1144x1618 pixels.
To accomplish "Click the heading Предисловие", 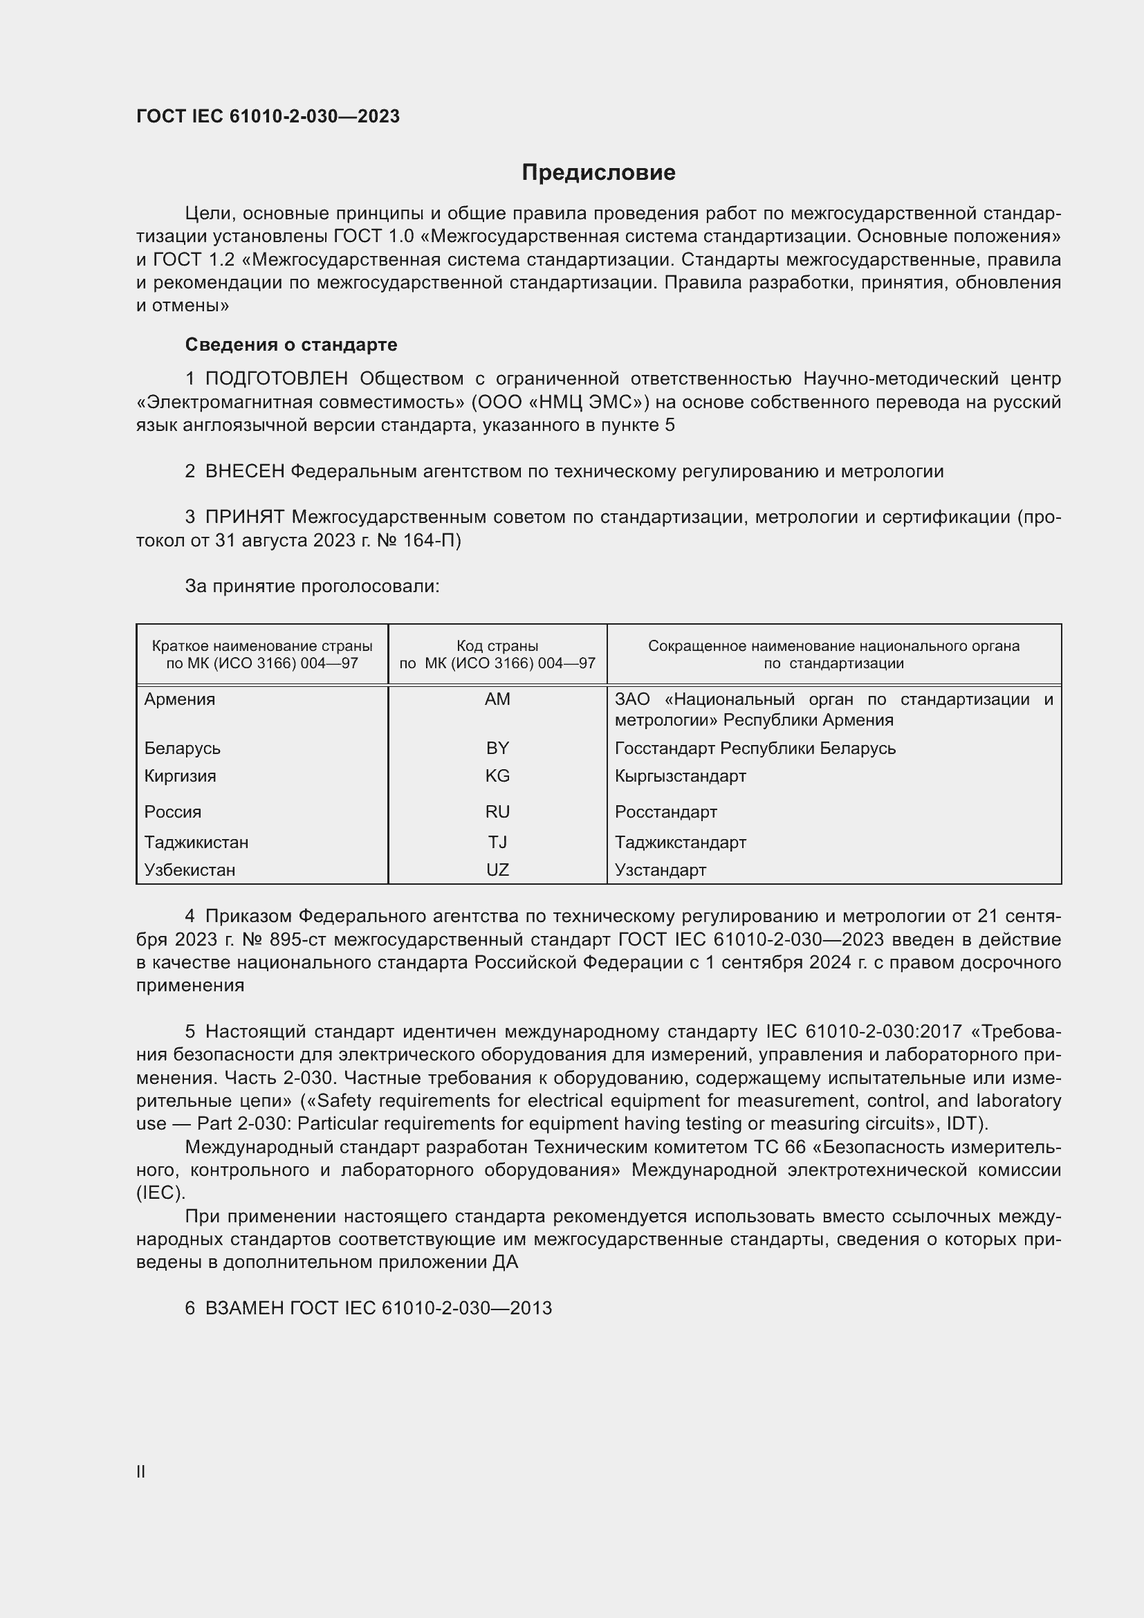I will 598,173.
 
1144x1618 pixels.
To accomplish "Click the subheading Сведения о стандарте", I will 291,344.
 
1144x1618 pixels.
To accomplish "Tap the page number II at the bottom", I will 141,1471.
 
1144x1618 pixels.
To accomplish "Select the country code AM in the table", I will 497,699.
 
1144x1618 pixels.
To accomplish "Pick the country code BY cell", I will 497,748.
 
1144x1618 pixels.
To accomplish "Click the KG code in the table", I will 497,776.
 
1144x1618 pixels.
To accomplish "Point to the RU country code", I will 497,812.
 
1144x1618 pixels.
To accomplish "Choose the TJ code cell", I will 497,842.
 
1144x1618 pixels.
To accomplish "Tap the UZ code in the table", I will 497,870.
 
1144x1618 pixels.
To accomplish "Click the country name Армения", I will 180,699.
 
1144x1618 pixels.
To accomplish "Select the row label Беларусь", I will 183,748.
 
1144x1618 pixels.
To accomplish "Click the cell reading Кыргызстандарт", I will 680,776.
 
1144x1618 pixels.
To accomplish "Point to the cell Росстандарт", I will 665,812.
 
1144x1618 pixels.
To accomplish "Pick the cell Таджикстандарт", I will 680,842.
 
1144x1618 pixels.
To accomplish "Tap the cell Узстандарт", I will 660,870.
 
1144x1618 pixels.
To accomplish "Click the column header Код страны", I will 497,645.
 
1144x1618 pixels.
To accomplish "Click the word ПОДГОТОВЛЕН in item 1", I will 276,379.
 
